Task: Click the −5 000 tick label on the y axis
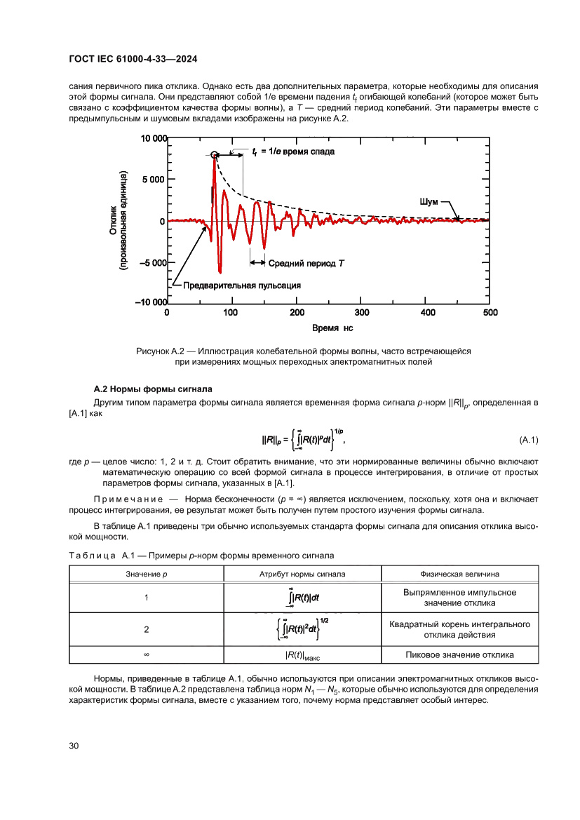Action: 149,264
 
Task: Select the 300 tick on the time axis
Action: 361,313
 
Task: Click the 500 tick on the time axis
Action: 490,313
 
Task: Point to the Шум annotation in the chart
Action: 429,201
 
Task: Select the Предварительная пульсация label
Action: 242,285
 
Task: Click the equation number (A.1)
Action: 528,440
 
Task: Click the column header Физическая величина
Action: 459,574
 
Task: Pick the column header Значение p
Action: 147,574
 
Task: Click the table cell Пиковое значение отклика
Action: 459,654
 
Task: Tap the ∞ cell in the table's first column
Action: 147,654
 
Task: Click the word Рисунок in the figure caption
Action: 152,351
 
